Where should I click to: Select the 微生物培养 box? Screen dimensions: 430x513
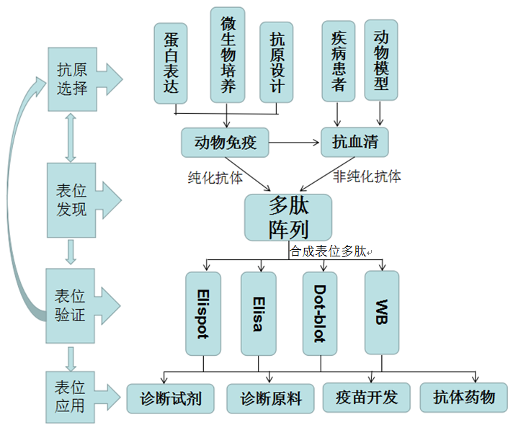pyautogui.click(x=228, y=55)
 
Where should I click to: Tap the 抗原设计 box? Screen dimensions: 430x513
pyautogui.click(x=277, y=63)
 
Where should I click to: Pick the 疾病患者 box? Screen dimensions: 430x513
pyautogui.click(x=339, y=60)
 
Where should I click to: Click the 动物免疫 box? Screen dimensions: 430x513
pyautogui.click(x=225, y=143)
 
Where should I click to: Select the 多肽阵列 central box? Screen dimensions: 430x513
pyautogui.click(x=287, y=218)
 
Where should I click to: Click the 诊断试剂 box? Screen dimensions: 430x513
pyautogui.click(x=171, y=398)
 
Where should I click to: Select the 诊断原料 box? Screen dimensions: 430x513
pyautogui.click(x=270, y=398)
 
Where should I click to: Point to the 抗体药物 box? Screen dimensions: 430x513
pyautogui.click(x=463, y=397)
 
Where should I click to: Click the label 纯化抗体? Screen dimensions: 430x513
pyautogui.click(x=215, y=177)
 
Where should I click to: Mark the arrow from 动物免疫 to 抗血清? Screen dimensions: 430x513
pyautogui.click(x=295, y=143)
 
